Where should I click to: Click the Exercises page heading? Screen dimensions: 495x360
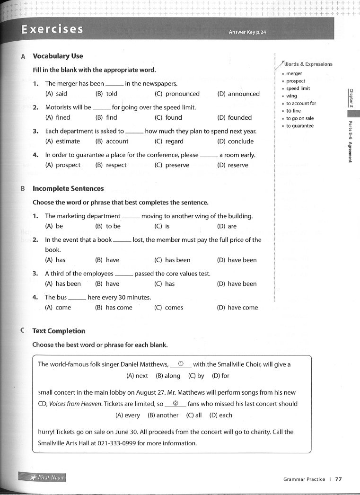click(52, 29)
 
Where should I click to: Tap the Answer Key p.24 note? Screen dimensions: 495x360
click(247, 32)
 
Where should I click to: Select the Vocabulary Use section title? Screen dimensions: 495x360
click(58, 56)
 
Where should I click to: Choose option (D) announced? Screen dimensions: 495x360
click(238, 94)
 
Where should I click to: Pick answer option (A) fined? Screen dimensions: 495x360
click(58, 117)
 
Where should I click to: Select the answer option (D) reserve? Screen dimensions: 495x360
click(232, 165)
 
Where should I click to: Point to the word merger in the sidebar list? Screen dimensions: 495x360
click(294, 73)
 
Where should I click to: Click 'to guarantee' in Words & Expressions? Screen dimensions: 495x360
click(299, 126)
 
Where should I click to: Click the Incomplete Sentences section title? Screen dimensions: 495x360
click(68, 188)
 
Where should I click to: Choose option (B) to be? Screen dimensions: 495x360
click(108, 226)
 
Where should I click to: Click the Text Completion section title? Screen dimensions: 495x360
click(59, 331)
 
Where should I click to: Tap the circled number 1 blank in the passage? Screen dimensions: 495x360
click(181, 364)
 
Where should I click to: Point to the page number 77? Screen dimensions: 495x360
click(338, 479)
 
